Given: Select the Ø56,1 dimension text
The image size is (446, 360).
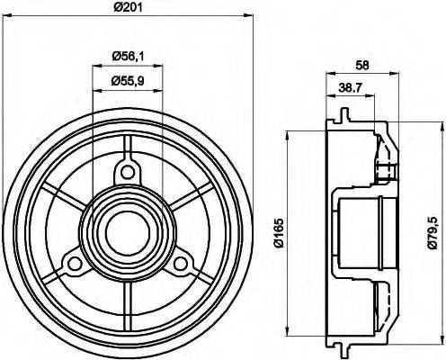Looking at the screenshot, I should click(128, 56).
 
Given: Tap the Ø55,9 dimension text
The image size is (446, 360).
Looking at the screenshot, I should click(128, 80).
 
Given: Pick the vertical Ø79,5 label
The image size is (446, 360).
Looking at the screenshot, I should click(436, 226).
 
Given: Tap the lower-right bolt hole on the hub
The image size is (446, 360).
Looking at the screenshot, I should click(182, 262).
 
